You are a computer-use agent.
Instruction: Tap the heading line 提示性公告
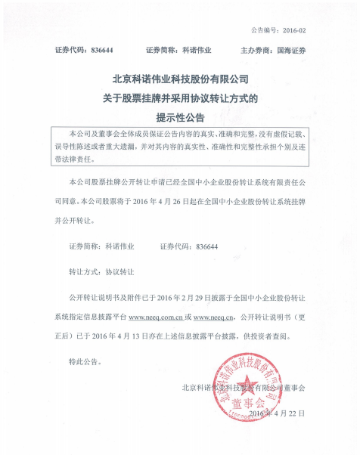click(x=180, y=117)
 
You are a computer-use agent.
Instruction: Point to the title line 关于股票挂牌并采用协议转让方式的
click(x=180, y=98)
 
